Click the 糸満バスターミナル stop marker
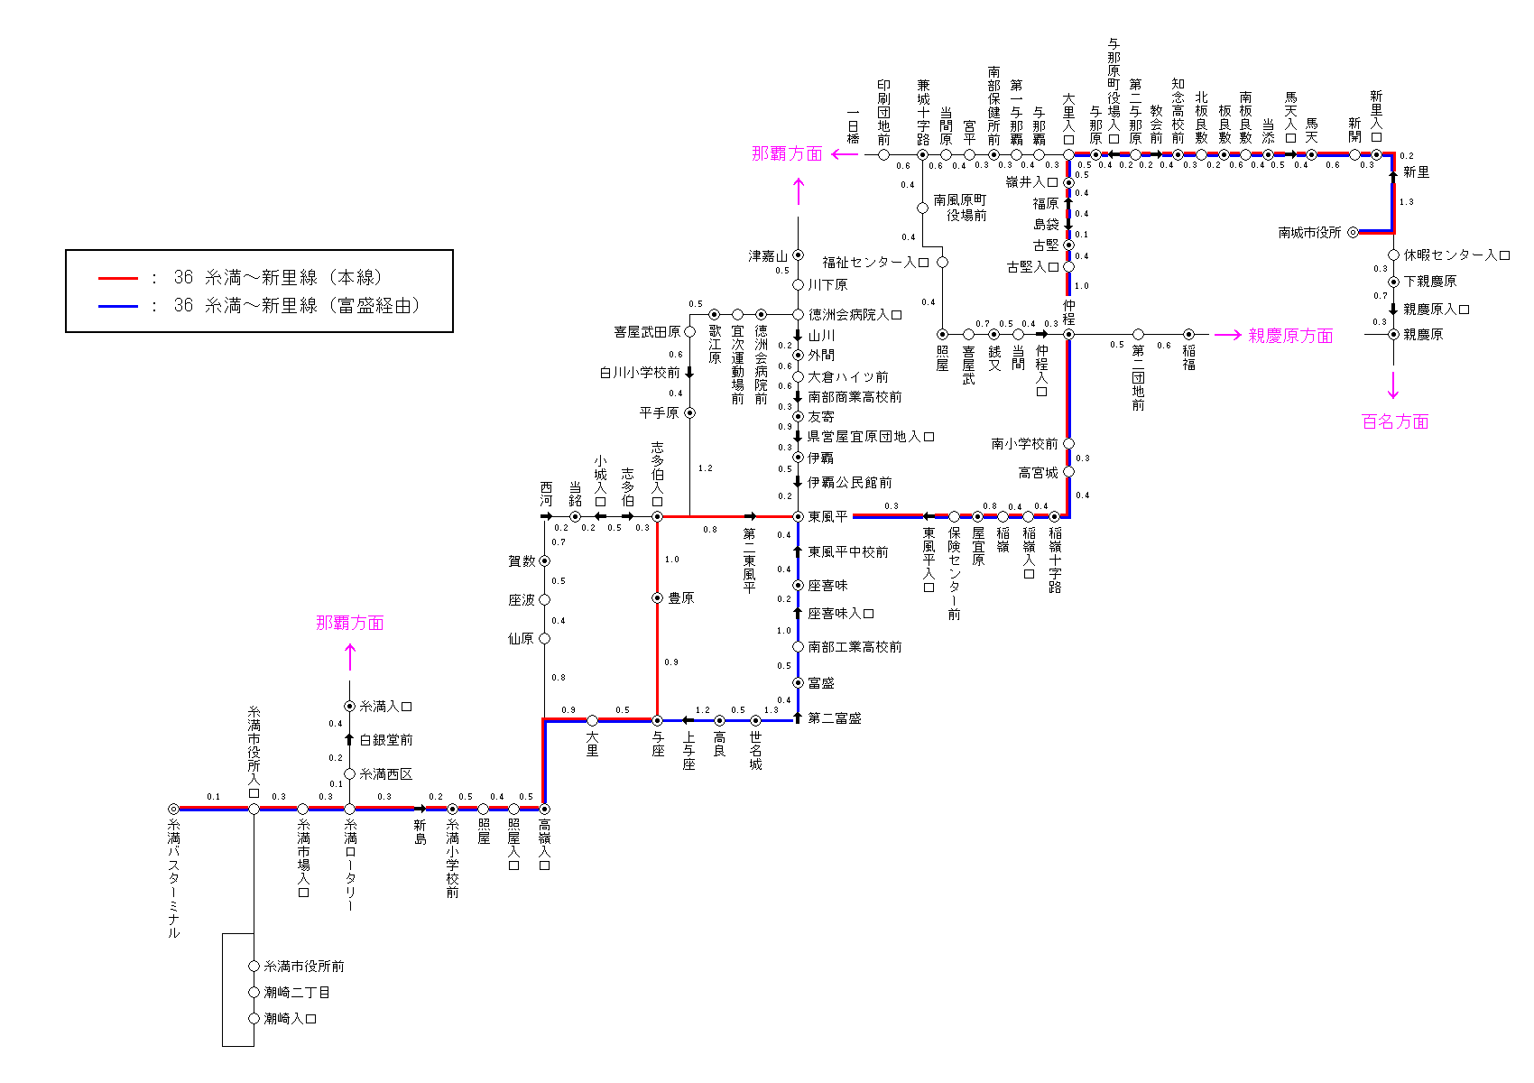(173, 809)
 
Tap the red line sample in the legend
(118, 279)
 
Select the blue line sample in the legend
(118, 307)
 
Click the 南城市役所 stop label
(1309, 233)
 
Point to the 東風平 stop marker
(798, 516)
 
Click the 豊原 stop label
(681, 598)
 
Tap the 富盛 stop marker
(798, 683)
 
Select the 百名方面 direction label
(1395, 421)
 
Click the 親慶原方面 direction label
(1290, 336)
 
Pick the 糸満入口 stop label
(386, 707)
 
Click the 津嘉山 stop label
(768, 256)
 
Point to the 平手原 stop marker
(689, 412)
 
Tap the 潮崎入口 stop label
(291, 1019)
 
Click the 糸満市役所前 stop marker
(254, 967)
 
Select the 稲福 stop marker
(1188, 335)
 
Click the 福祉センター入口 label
(875, 263)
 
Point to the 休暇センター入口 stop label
(1457, 255)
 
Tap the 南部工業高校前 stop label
(855, 647)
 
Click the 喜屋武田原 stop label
(647, 332)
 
